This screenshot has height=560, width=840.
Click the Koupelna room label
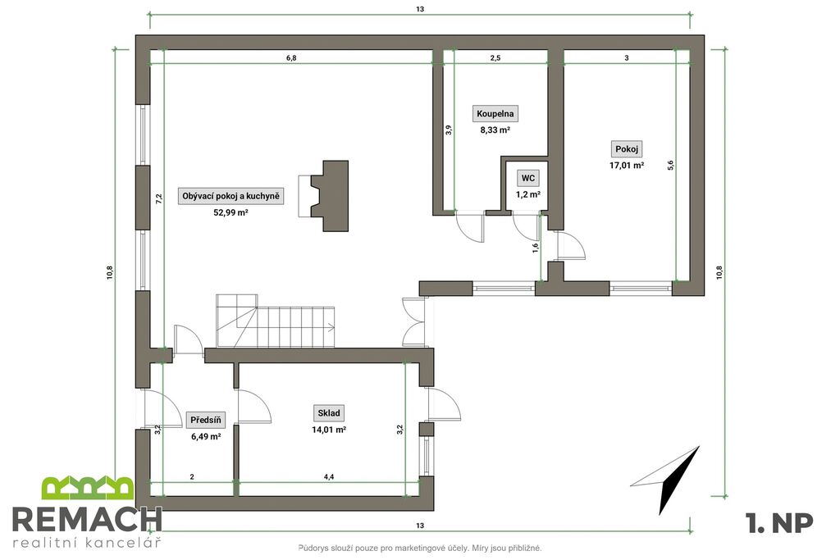tap(495, 113)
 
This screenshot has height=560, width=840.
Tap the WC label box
tap(527, 178)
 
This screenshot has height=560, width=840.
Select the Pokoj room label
tap(626, 149)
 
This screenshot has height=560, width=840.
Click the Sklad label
tap(328, 412)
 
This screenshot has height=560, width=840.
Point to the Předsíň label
tap(206, 421)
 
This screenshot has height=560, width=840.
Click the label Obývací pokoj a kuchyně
tap(231, 196)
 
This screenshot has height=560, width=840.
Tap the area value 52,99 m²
tap(231, 212)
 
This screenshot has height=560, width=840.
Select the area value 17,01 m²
tap(626, 166)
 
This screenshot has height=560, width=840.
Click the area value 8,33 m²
tap(495, 130)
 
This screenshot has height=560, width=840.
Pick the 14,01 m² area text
tap(328, 430)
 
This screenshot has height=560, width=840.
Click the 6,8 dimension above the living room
tap(291, 58)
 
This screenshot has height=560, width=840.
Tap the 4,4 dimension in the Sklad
tap(329, 476)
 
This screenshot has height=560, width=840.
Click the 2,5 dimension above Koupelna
tap(495, 58)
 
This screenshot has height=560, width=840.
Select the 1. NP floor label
tap(779, 522)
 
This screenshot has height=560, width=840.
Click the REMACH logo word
tap(87, 519)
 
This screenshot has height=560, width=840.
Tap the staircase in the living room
tap(276, 320)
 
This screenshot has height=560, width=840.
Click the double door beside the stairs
tap(413, 321)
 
